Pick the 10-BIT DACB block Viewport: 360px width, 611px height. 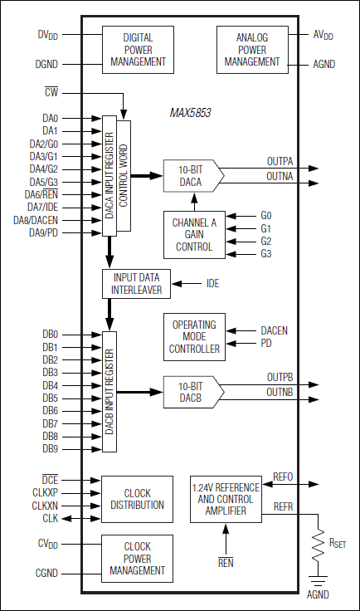[x=191, y=391]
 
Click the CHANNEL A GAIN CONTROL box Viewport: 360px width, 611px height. [x=193, y=234]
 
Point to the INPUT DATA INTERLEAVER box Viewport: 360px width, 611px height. [x=137, y=284]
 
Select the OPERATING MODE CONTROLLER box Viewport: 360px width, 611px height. [x=195, y=337]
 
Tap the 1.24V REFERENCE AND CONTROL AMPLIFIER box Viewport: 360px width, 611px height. [x=226, y=500]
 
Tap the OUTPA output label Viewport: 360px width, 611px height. [x=280, y=161]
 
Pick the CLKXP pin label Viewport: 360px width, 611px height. [x=45, y=492]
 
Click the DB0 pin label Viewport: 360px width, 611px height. [x=50, y=335]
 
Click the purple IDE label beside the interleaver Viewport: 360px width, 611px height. [x=213, y=284]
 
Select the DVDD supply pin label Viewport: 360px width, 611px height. [x=47, y=34]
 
